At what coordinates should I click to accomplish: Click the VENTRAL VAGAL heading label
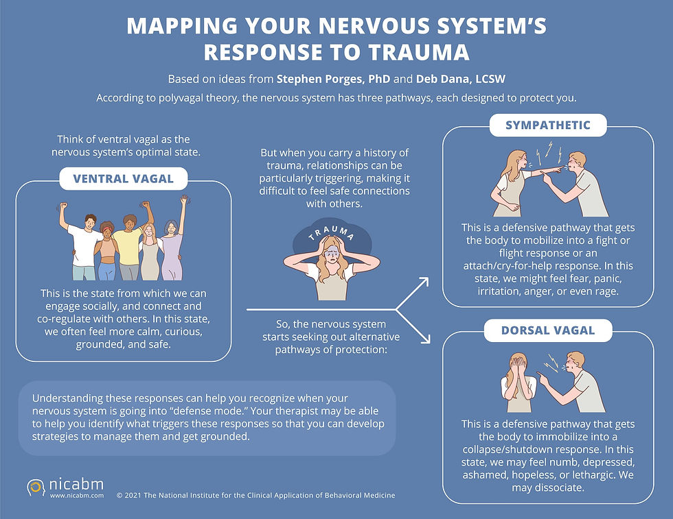[124, 180]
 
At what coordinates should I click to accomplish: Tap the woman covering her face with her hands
[515, 381]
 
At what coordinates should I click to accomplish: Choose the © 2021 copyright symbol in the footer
[120, 495]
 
